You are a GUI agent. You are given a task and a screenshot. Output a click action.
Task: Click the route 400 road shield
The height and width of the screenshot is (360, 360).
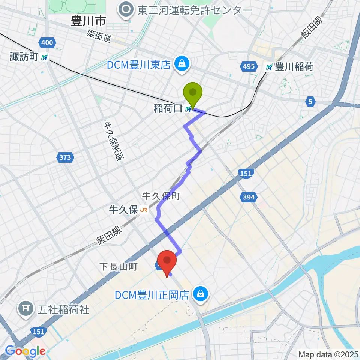point(47,43)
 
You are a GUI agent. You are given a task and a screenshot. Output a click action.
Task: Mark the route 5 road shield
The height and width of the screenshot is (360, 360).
point(310,101)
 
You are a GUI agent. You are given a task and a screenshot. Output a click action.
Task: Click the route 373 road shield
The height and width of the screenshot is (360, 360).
point(65,157)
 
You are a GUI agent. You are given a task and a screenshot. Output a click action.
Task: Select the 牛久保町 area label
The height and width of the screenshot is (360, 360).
point(161,195)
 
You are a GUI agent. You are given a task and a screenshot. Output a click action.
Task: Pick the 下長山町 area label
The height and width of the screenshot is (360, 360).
point(119,267)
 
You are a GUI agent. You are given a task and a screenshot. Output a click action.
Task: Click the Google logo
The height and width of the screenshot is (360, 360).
point(25,351)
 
